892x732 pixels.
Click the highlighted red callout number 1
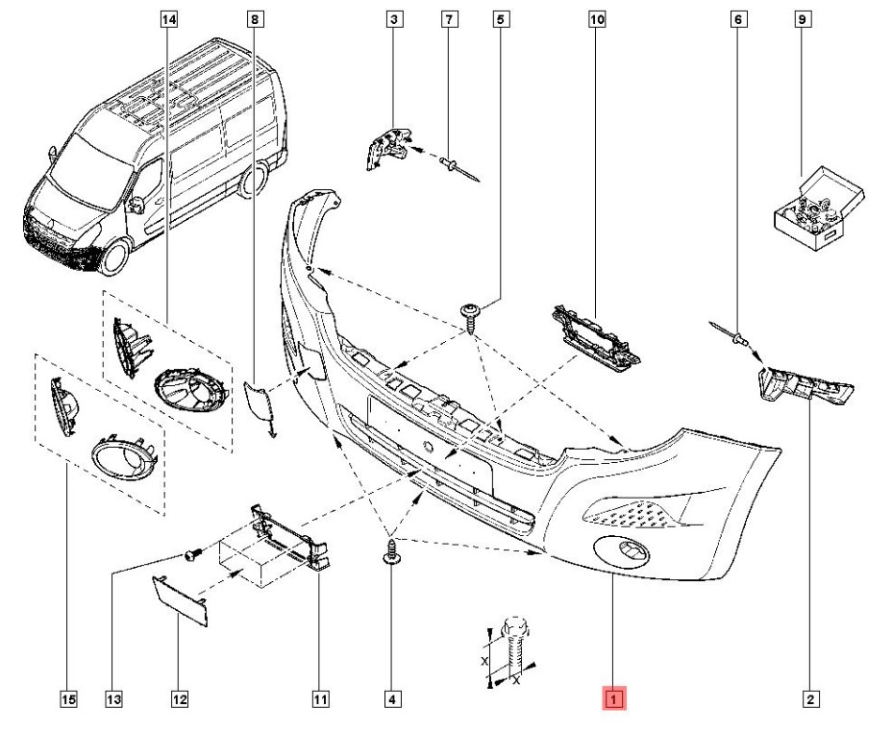pos(613,698)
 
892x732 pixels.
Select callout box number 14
pos(167,19)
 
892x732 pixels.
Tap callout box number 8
pos(254,19)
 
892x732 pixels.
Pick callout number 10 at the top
pos(596,19)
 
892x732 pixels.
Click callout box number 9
pos(801,19)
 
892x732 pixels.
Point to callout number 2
pos(811,698)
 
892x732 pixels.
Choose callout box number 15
pos(68,698)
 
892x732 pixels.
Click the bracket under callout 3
pos(388,144)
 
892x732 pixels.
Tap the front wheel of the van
pos(115,255)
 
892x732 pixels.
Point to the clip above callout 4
pos(391,554)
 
